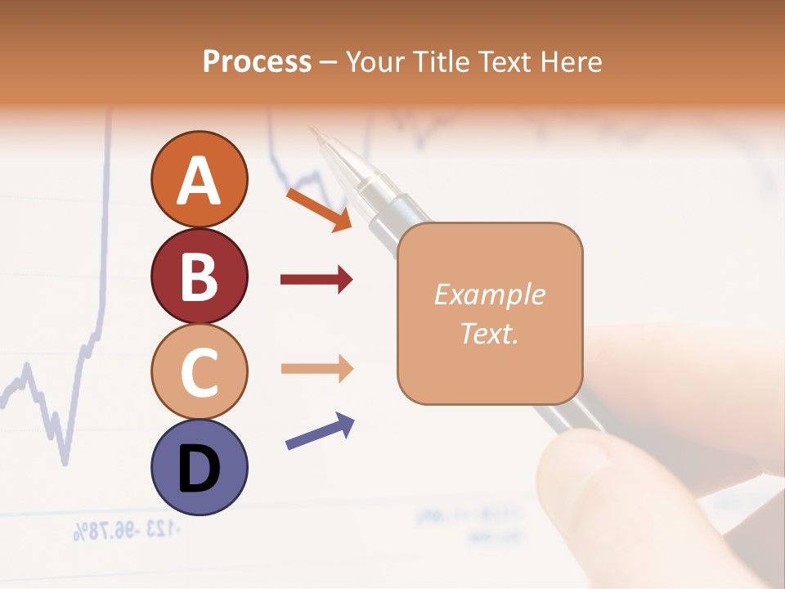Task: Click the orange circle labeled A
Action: tap(199, 179)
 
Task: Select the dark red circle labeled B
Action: tap(199, 276)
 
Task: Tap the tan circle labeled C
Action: tap(199, 371)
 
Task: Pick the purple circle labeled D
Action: tap(199, 467)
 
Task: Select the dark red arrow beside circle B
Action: tap(316, 280)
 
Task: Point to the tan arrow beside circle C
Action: tap(316, 368)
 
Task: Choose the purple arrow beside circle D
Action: tap(320, 430)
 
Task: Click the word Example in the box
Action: tap(489, 294)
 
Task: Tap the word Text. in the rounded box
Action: tap(489, 333)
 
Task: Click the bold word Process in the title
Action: tap(257, 61)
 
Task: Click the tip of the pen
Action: tap(311, 128)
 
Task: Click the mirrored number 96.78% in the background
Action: tap(103, 533)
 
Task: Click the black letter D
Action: tap(199, 469)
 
